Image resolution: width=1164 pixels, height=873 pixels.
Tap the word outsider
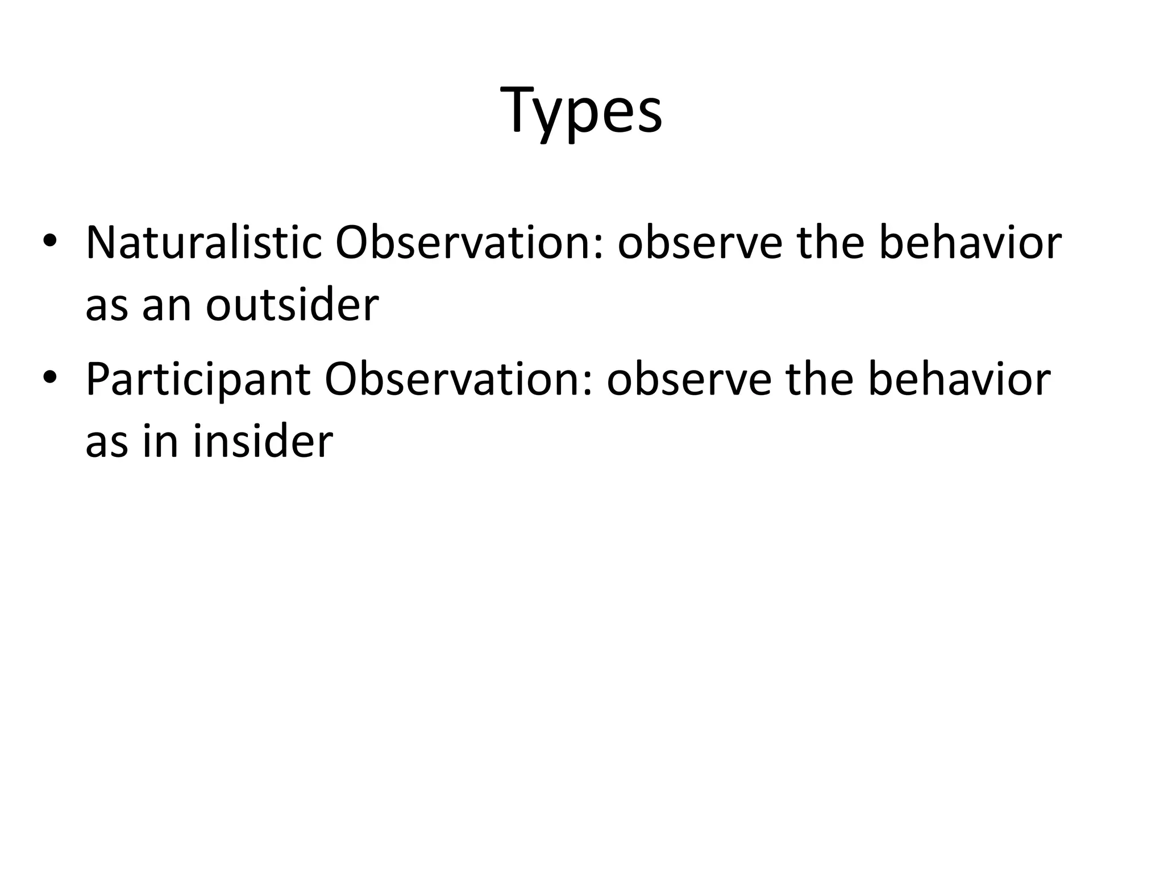[292, 305]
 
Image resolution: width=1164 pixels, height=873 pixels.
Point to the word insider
[263, 442]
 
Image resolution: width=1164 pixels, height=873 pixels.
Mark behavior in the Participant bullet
[959, 379]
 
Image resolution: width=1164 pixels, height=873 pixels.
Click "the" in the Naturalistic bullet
[829, 243]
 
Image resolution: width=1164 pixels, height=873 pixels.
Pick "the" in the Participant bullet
[819, 379]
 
